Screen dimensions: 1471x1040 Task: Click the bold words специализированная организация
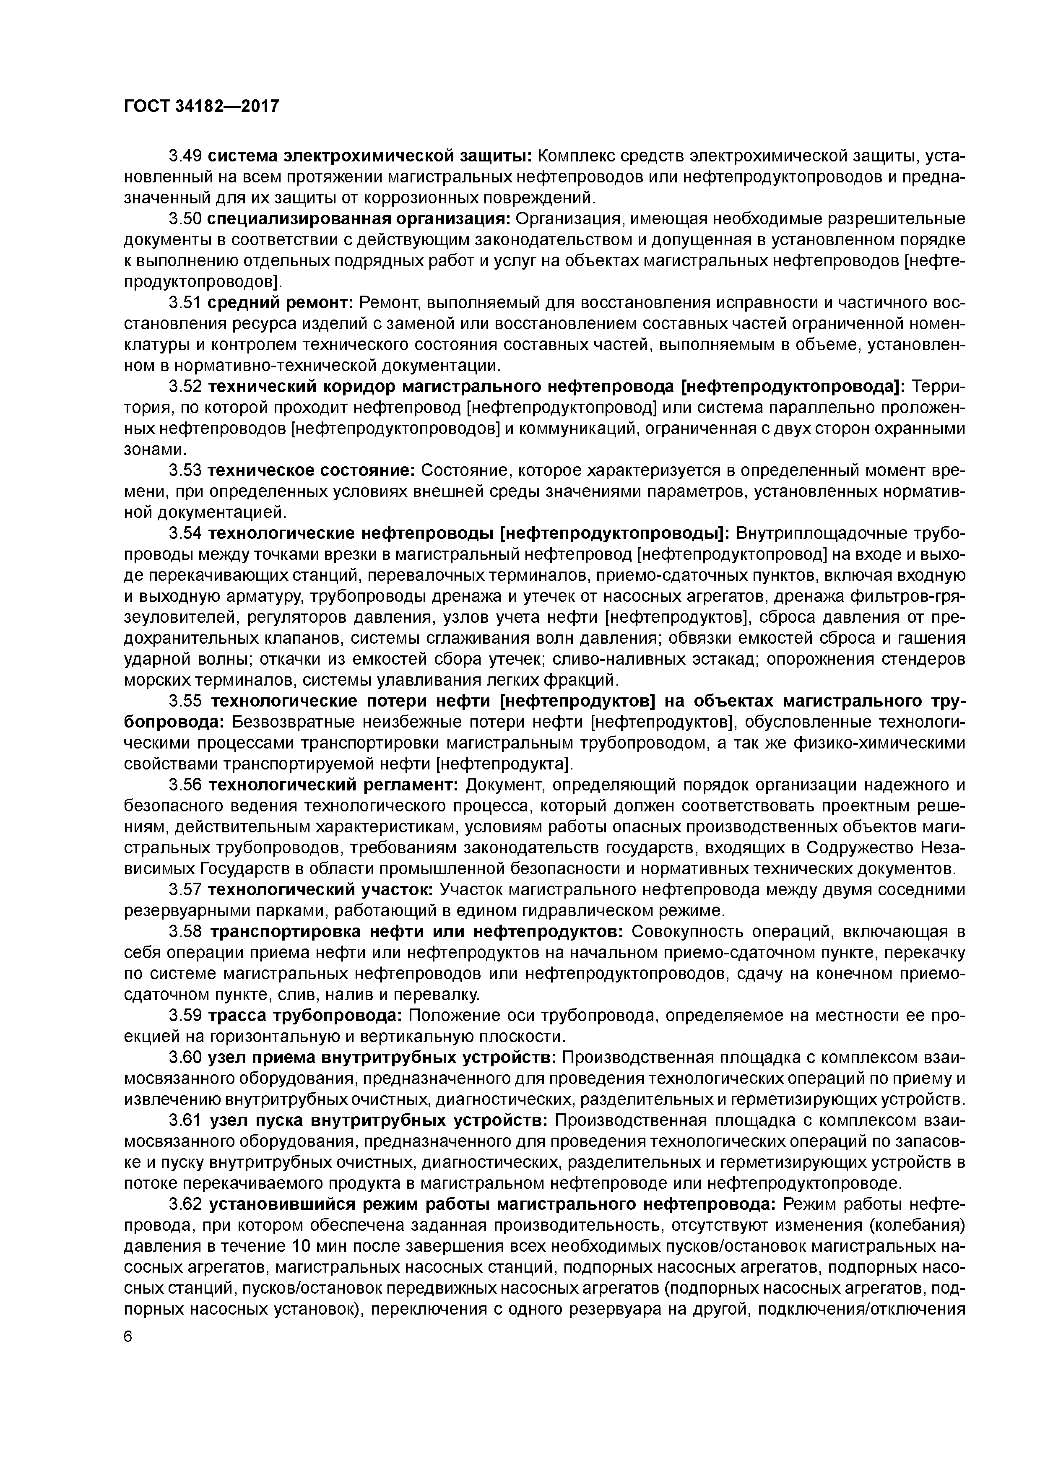pos(359,219)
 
